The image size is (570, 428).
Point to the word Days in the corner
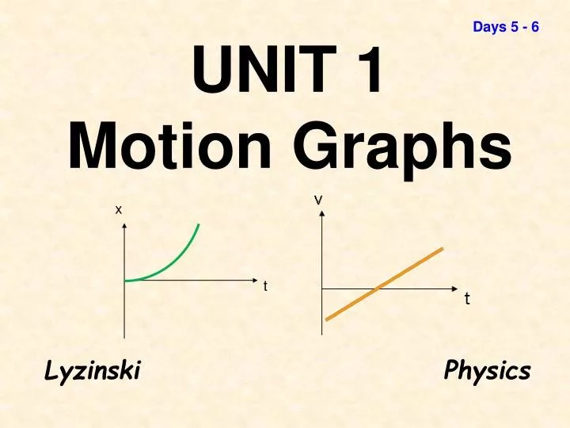pos(488,28)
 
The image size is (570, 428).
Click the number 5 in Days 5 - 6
pos(514,28)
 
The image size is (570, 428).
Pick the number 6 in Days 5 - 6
pos(535,28)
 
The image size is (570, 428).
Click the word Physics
pos(487,370)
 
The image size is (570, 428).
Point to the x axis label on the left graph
pos(119,209)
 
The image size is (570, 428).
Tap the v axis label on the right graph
pos(318,199)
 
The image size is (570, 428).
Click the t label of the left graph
pos(266,285)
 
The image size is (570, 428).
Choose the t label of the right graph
pos(467,300)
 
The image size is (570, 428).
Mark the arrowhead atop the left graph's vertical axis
pos(123,227)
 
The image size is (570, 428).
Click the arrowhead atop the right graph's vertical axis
pos(322,216)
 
